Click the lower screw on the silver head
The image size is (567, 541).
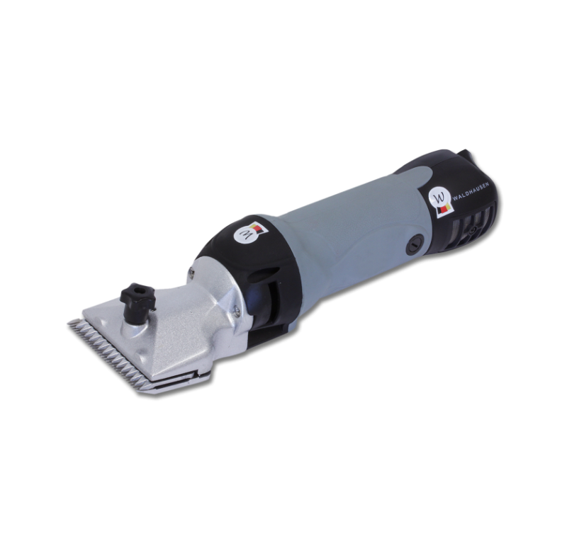coord(237,308)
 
